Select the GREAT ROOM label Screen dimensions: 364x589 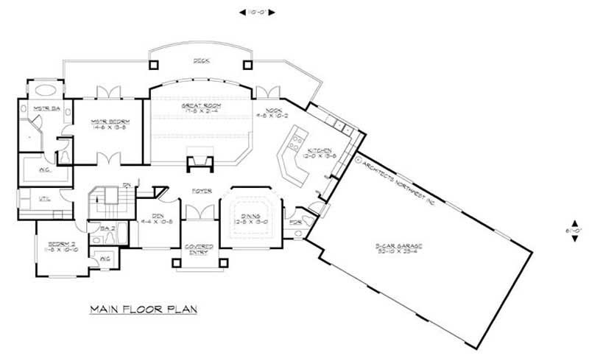pos(201,106)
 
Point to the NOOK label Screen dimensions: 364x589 pos(267,111)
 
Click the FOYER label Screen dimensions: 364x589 pos(202,191)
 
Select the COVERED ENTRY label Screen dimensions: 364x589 pos(200,248)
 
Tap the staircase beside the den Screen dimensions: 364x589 pos(105,200)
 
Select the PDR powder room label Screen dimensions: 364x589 pos(296,221)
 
